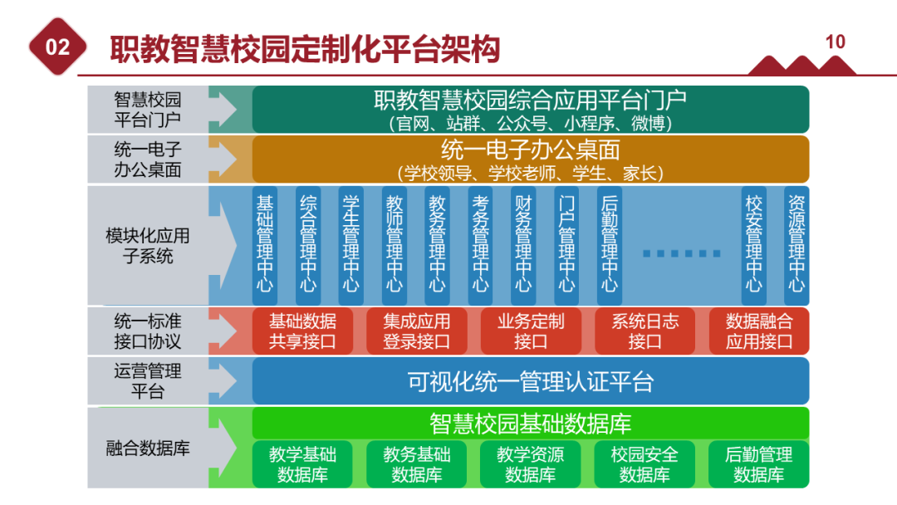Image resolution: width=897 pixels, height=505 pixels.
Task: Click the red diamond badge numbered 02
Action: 58,47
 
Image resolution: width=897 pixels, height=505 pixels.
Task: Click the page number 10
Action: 836,42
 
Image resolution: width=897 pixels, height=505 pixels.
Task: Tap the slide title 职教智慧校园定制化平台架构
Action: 305,49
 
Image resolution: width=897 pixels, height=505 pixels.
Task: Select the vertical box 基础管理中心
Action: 265,245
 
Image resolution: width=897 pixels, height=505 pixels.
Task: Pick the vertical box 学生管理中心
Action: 351,245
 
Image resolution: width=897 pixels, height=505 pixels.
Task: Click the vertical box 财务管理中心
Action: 523,245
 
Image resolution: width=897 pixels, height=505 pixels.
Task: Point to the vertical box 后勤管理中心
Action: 610,245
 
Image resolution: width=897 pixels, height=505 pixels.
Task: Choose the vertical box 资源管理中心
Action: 797,245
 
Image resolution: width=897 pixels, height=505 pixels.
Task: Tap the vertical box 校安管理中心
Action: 753,245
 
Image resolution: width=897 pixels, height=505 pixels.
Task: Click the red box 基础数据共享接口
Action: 302,331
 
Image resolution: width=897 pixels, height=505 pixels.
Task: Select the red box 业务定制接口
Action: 531,331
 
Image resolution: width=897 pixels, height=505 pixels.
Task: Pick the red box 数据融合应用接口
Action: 759,331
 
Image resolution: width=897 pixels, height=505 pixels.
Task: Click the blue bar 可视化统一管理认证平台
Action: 531,381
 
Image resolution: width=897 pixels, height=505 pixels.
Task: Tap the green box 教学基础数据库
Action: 302,464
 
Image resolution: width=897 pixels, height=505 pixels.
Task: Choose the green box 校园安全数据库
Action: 645,464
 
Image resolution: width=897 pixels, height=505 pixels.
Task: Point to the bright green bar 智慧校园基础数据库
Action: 531,423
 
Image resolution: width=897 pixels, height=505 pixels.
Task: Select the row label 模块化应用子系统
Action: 148,246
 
